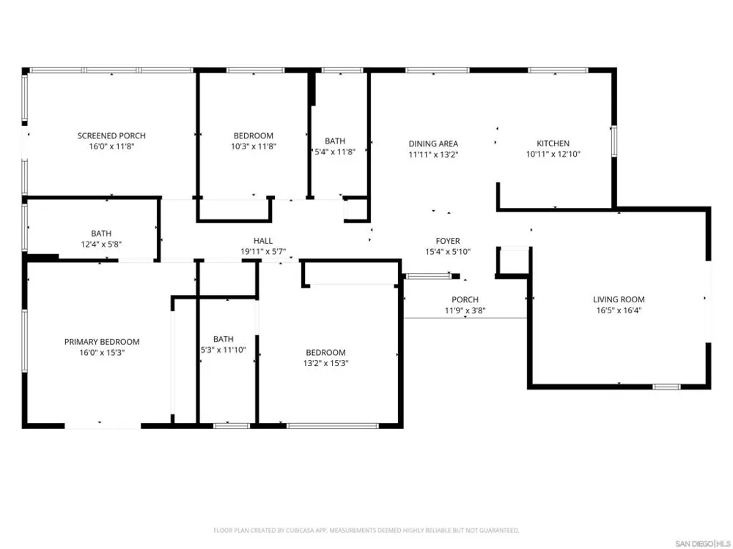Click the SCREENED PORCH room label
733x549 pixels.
tap(111, 136)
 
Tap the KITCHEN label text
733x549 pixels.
tap(553, 143)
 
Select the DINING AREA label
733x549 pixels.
tap(433, 143)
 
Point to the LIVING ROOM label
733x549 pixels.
tap(619, 299)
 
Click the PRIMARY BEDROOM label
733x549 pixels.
tap(102, 342)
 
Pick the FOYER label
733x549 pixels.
tap(448, 241)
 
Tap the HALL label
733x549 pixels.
tap(263, 241)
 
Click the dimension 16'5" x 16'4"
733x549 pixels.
tap(619, 310)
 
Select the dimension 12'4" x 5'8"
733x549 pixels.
tap(101, 244)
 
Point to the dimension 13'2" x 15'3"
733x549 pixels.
tap(326, 363)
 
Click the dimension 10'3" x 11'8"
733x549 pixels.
tap(254, 146)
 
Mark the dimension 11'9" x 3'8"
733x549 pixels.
tap(465, 310)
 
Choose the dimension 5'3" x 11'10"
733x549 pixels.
tap(223, 350)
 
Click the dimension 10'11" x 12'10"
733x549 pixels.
tap(553, 154)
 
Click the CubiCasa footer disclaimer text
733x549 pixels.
tap(366, 530)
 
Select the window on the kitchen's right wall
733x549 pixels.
tap(614, 141)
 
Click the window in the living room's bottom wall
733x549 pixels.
tap(666, 386)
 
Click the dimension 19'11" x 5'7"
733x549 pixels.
tap(263, 252)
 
